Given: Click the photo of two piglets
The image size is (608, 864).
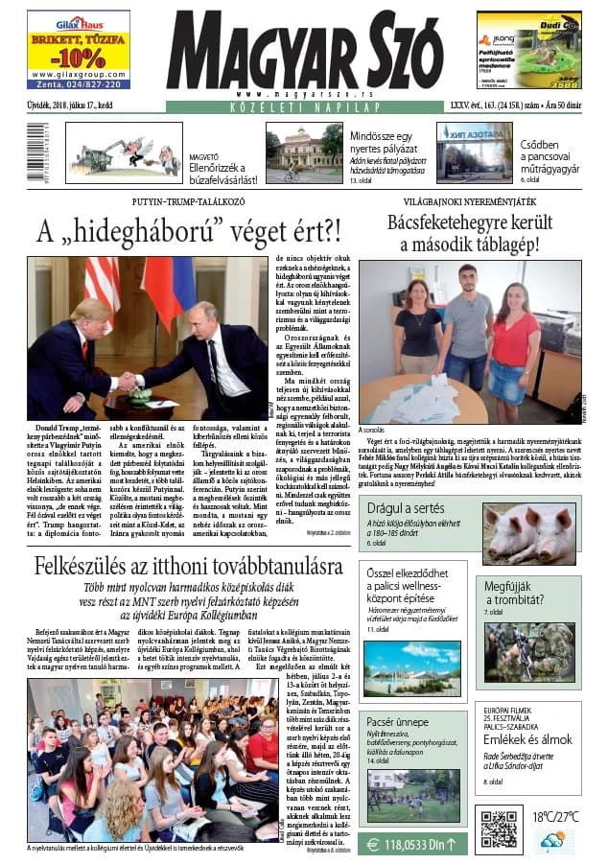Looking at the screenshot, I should coord(529,533).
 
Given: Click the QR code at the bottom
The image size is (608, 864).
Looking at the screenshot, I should coord(498,829).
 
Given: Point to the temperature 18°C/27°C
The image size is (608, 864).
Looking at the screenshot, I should coord(555,817).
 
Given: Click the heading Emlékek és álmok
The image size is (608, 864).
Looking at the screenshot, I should coord(528,739).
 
